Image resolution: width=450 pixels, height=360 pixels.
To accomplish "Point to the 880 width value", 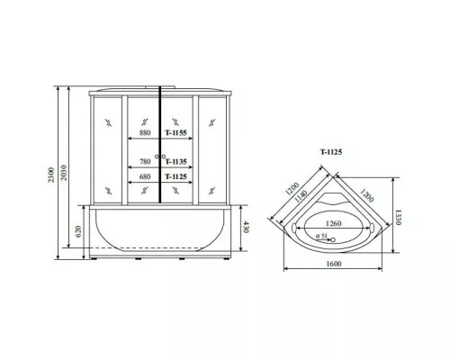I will (x=144, y=132).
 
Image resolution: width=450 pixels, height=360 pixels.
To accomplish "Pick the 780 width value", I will (x=144, y=162).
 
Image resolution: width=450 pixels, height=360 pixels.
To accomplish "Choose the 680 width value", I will (x=144, y=177).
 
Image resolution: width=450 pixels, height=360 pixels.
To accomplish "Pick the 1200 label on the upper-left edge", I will (x=289, y=191).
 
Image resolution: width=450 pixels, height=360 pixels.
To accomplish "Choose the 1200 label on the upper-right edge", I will (x=368, y=192).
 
